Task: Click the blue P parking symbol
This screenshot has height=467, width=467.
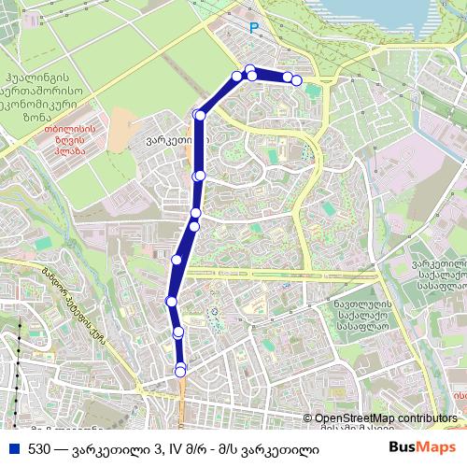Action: point(251,29)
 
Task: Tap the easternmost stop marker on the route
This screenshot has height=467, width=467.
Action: point(297,80)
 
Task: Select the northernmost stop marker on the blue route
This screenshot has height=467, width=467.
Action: point(249,69)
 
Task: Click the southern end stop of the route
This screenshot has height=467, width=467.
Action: point(181,371)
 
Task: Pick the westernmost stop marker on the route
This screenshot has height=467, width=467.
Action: point(171,301)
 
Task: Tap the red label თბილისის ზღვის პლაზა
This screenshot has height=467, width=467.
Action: point(64,141)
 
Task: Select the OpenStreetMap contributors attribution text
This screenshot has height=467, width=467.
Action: point(386,418)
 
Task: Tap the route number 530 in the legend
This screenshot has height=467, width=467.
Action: point(39,449)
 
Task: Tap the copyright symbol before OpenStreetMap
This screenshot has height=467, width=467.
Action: point(309,418)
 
